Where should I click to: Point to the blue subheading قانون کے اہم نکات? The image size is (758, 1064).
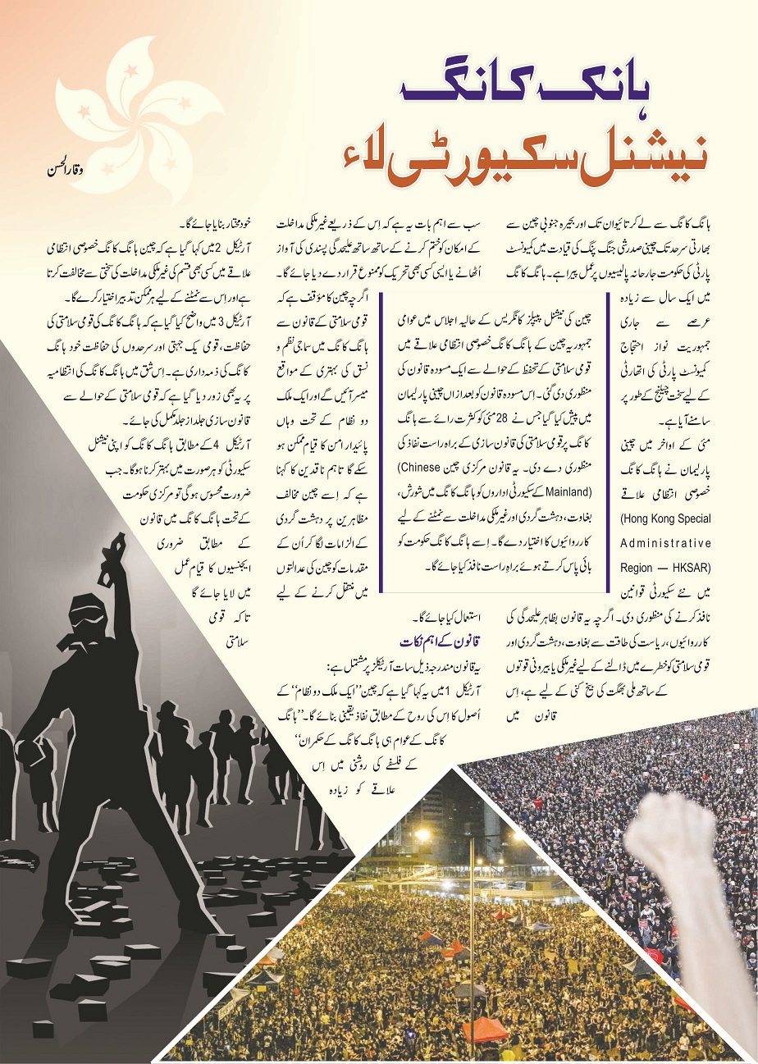[444, 639]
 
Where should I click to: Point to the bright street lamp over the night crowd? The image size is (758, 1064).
[423, 835]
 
